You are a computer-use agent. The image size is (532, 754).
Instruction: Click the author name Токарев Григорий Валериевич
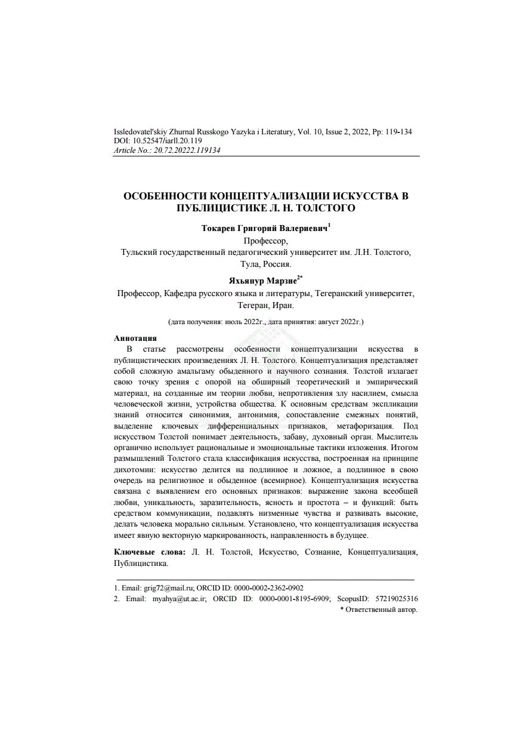click(264, 229)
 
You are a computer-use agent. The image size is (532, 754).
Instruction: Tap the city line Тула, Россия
click(266, 264)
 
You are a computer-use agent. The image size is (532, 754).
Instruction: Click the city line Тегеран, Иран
click(266, 305)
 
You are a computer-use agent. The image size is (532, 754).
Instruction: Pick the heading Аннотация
click(135, 338)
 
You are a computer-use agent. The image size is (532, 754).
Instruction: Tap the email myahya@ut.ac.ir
click(180, 598)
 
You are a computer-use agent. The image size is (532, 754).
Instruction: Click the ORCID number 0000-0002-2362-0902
click(272, 587)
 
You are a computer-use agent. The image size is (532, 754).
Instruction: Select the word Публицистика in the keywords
click(140, 563)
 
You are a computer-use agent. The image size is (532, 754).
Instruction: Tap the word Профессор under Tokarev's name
click(265, 241)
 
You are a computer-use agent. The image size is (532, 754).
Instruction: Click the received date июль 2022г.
click(245, 322)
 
